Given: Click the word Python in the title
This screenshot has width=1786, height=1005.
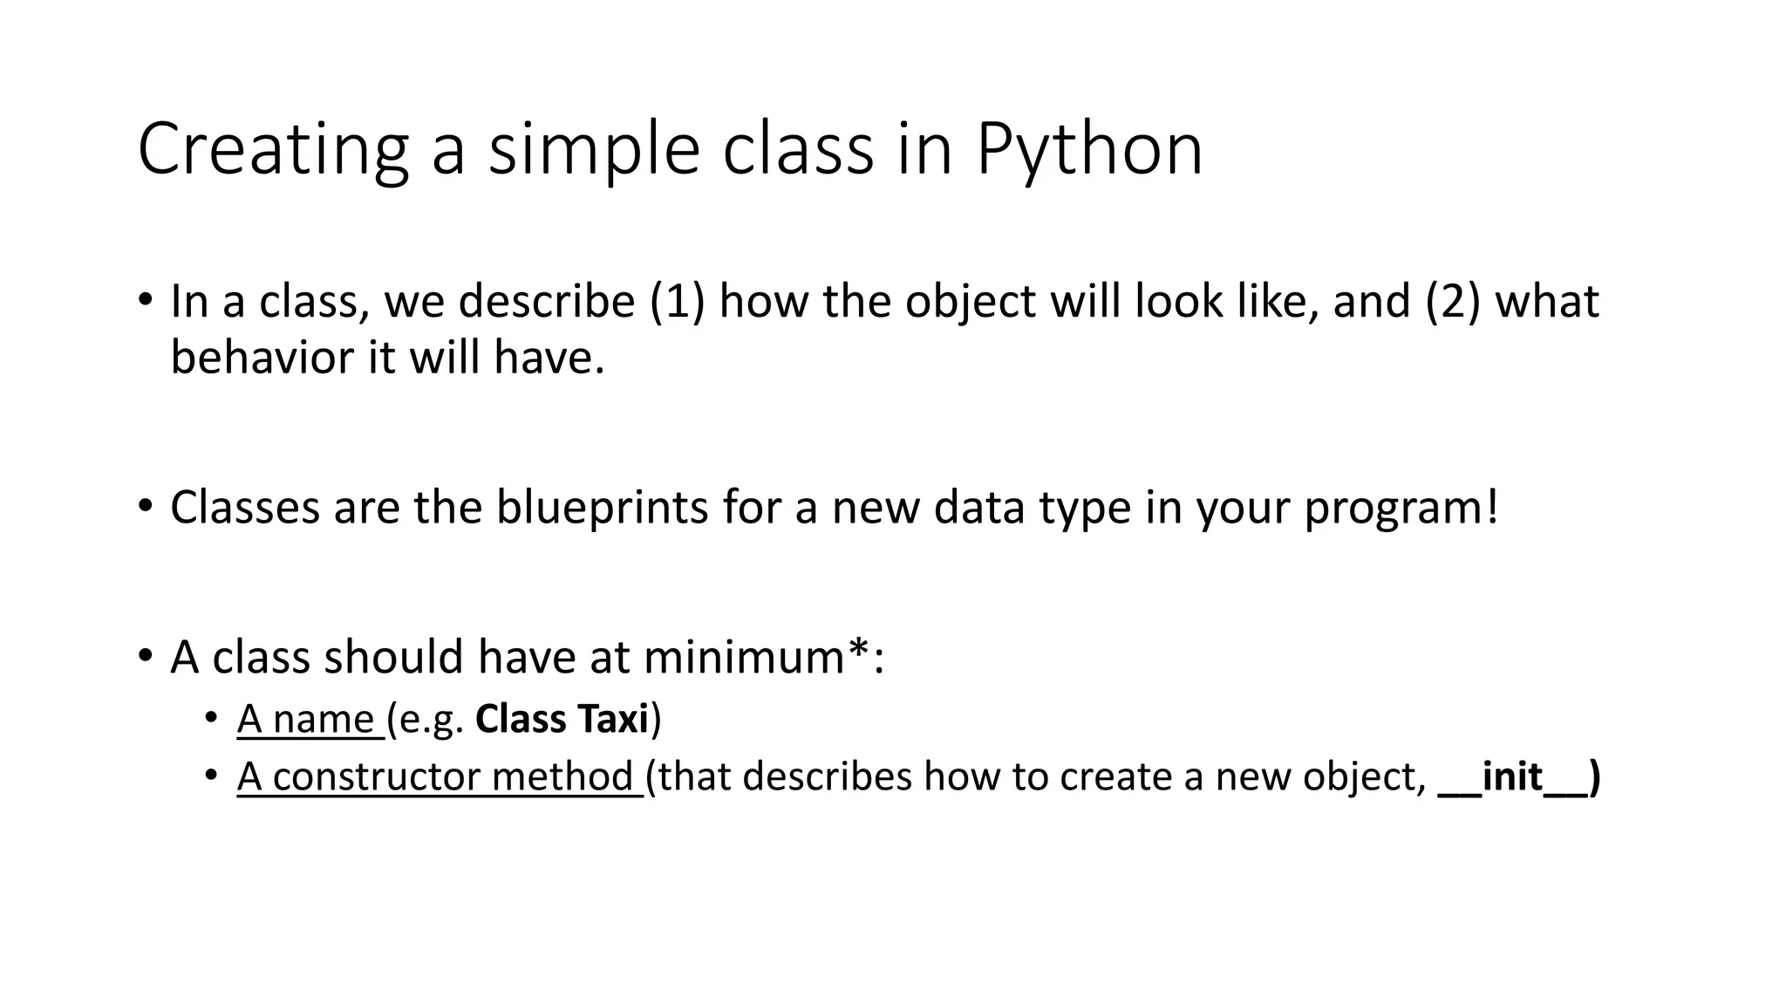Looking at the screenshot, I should [x=1089, y=150].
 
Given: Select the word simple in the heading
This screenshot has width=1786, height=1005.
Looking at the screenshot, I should [x=594, y=150].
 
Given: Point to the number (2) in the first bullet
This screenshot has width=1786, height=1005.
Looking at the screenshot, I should [x=1453, y=302].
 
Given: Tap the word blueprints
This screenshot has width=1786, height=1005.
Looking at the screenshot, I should [x=602, y=508].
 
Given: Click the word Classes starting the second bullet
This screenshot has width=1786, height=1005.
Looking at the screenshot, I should [x=245, y=508].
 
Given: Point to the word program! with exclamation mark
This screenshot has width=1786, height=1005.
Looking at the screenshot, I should [x=1401, y=508].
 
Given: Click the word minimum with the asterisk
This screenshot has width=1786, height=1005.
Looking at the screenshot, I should [x=757, y=657].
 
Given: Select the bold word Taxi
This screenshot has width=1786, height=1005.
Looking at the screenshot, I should [x=614, y=720].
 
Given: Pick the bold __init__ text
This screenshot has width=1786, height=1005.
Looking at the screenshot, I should [x=1517, y=776].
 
